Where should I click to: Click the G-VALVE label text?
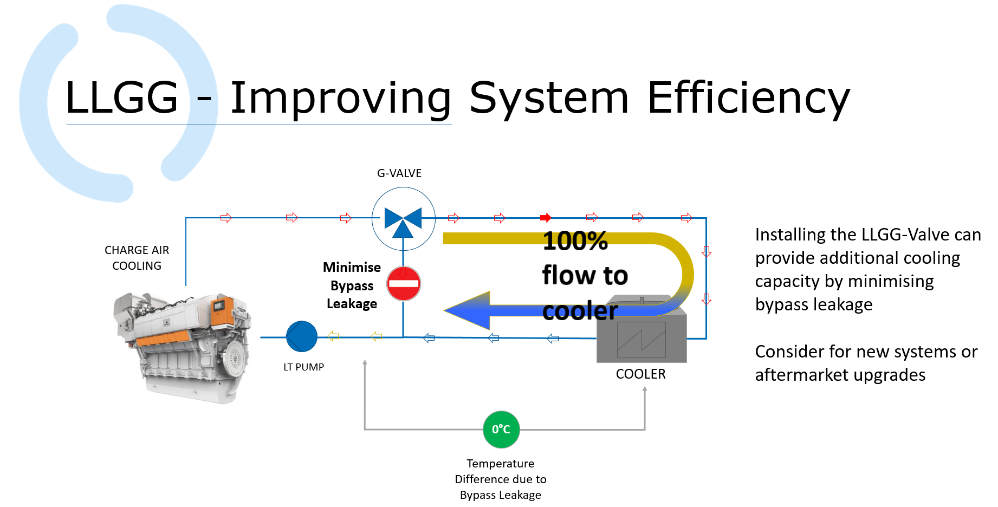(399, 173)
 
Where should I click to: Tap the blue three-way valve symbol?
(403, 219)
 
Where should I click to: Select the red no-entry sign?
(404, 283)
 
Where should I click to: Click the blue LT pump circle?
(302, 336)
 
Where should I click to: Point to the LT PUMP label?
(303, 367)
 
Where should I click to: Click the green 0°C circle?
(501, 430)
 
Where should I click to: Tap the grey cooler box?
(641, 339)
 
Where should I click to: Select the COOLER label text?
(640, 374)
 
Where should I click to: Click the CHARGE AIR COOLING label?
(137, 258)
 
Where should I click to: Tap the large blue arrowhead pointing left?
(469, 310)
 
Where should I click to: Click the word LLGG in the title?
(122, 98)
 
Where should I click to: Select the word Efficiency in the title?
(748, 98)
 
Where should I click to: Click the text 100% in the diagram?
(575, 241)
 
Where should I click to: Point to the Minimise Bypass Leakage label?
(352, 285)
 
